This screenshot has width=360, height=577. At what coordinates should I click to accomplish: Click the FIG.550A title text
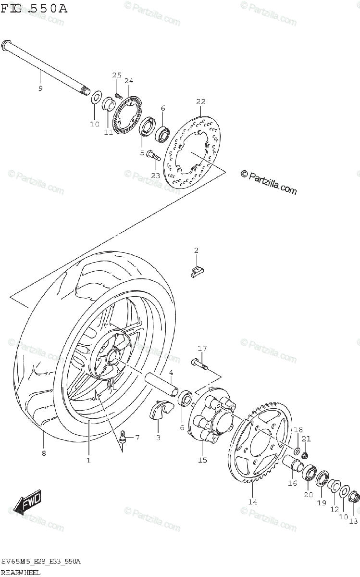point(34,8)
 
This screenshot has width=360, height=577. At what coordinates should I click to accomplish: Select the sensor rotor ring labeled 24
point(127,116)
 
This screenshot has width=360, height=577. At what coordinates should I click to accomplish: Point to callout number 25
point(117,75)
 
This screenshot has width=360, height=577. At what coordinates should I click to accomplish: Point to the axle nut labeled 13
point(353,496)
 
